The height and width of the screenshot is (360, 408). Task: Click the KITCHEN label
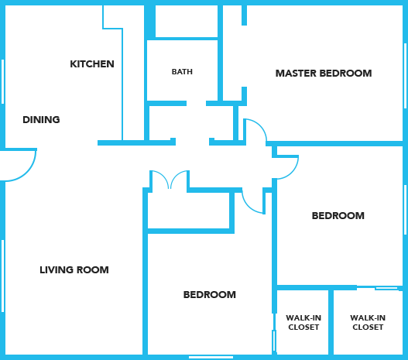pos(92,64)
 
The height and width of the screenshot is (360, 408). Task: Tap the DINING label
pos(41,120)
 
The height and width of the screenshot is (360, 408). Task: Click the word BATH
pos(182,71)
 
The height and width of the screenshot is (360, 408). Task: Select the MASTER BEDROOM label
pos(324,74)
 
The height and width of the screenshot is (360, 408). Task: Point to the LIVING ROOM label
pos(74,269)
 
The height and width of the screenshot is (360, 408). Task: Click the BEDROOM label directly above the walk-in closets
pos(338,216)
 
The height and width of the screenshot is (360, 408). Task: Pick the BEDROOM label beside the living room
pos(210,295)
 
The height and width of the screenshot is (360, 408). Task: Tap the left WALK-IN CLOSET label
pos(303,323)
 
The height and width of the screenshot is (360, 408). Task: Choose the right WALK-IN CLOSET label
pos(368,323)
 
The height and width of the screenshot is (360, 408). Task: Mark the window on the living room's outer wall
pos(2,276)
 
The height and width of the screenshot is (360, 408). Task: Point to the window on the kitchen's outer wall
pos(2,81)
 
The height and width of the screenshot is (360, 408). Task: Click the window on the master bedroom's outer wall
pos(405,76)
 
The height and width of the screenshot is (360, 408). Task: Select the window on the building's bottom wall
pos(211,358)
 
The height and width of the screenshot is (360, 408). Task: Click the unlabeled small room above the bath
pos(187,22)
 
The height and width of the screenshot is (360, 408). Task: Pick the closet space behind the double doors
pos(189,210)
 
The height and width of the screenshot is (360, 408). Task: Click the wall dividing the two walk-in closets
pos(331,322)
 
